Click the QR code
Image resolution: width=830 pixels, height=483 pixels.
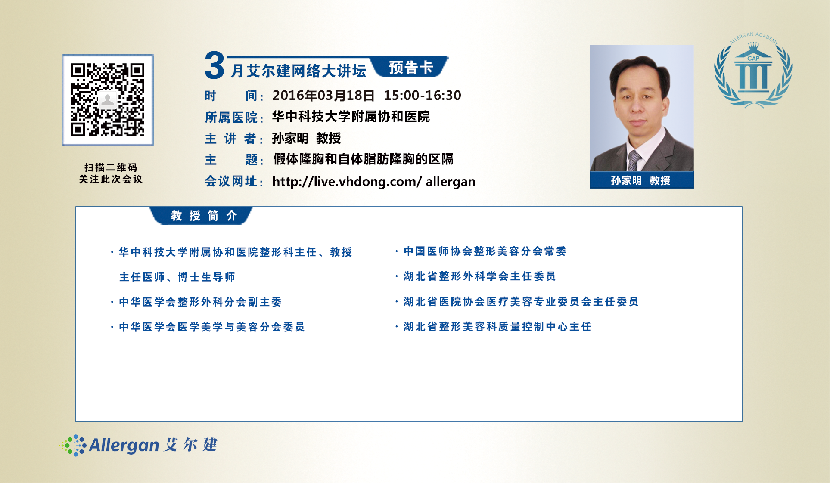pyautogui.click(x=108, y=100)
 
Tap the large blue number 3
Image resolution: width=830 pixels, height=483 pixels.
pyautogui.click(x=214, y=65)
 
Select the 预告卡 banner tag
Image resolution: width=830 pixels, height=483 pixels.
pyautogui.click(x=411, y=67)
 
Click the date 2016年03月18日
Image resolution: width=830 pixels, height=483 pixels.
pyautogui.click(x=323, y=95)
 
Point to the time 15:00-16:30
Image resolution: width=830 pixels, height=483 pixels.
pyautogui.click(x=423, y=95)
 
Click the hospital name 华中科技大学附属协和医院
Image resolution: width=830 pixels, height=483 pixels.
pyautogui.click(x=351, y=117)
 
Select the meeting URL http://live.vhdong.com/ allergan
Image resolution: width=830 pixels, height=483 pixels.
pyautogui.click(x=374, y=181)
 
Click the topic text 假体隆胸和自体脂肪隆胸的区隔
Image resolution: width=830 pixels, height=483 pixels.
pyautogui.click(x=363, y=159)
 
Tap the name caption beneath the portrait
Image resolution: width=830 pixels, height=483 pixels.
pyautogui.click(x=641, y=180)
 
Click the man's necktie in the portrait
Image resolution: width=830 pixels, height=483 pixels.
pyautogui.click(x=634, y=160)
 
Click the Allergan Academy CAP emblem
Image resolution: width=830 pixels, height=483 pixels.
pyautogui.click(x=753, y=69)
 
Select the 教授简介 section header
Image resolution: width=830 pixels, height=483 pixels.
pyautogui.click(x=204, y=215)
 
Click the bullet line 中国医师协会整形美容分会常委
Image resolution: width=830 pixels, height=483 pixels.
pyautogui.click(x=485, y=251)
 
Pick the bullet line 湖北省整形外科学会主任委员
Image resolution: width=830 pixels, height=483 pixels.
pyautogui.click(x=479, y=276)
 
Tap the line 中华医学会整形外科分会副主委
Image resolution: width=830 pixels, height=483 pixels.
pyautogui.click(x=200, y=302)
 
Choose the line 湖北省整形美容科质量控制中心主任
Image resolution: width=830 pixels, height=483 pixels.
pyautogui.click(x=497, y=326)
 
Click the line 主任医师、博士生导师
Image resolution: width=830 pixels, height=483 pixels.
pyautogui.click(x=177, y=277)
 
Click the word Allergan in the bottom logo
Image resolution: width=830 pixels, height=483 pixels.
pyautogui.click(x=124, y=445)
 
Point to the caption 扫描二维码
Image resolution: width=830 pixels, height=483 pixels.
pyautogui.click(x=111, y=167)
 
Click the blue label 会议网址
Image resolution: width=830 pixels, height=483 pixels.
pyautogui.click(x=231, y=181)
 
